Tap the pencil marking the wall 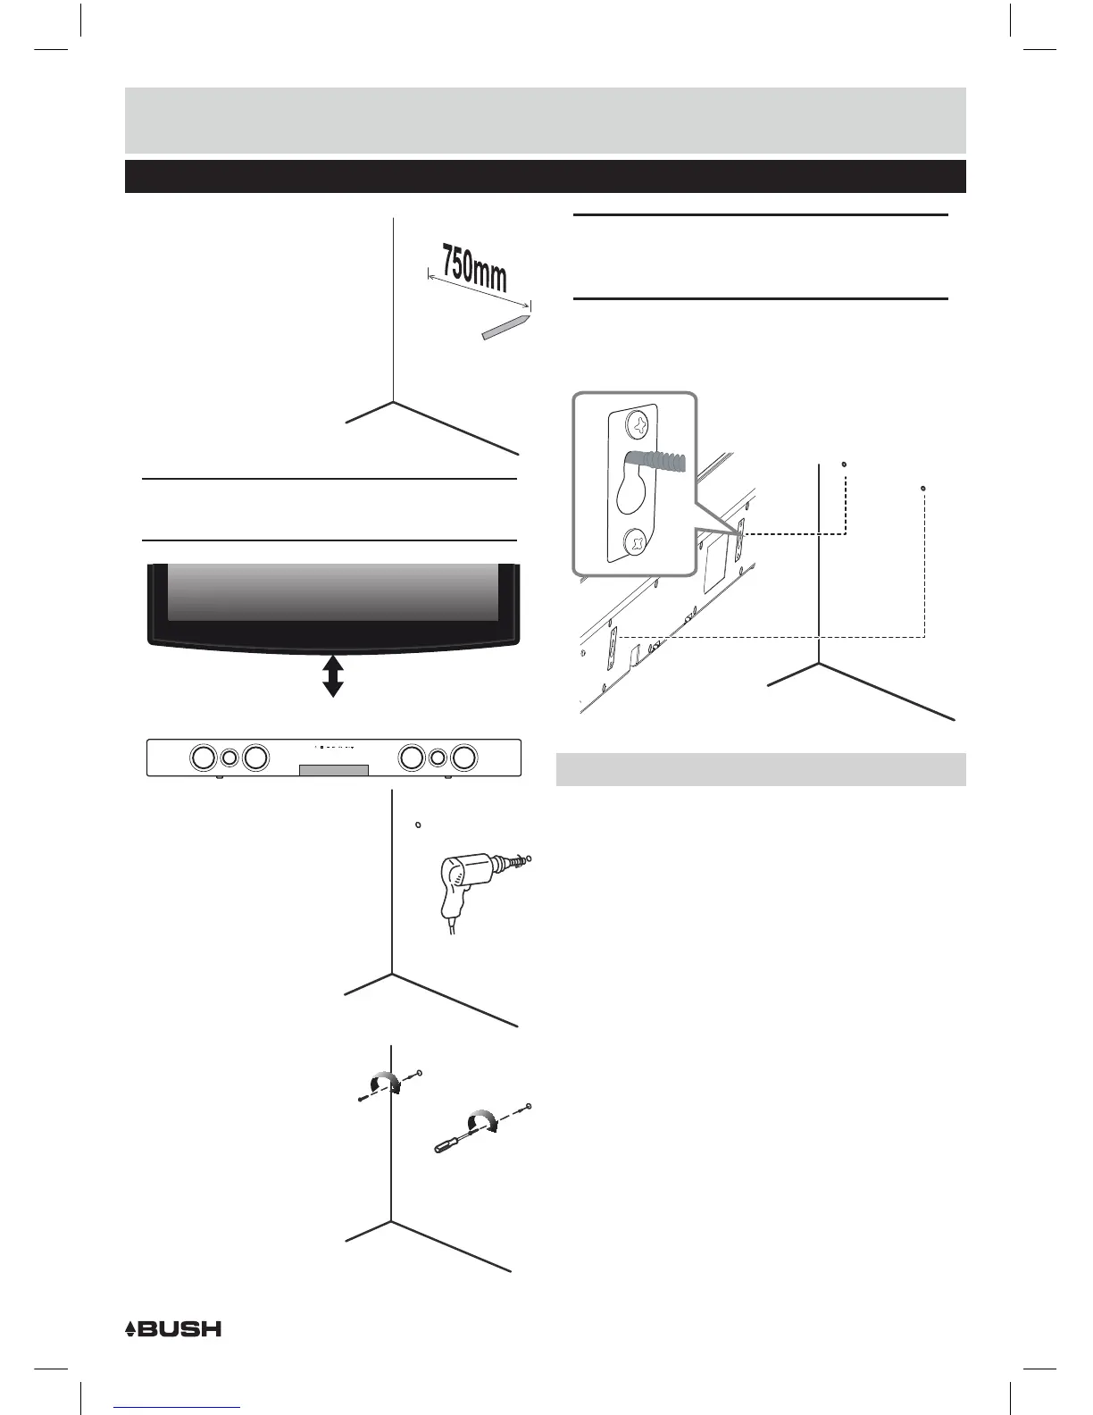pyautogui.click(x=505, y=327)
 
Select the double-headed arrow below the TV pyautogui.click(x=333, y=674)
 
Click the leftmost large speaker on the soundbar pyautogui.click(x=203, y=758)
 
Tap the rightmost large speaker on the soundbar pyautogui.click(x=463, y=758)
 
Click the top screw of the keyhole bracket pyautogui.click(x=639, y=426)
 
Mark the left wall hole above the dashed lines pyautogui.click(x=844, y=464)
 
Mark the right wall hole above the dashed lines pyautogui.click(x=922, y=488)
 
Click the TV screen pyautogui.click(x=332, y=591)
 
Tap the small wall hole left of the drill pyautogui.click(x=417, y=824)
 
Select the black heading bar pyautogui.click(x=545, y=176)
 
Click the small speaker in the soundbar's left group pyautogui.click(x=229, y=758)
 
